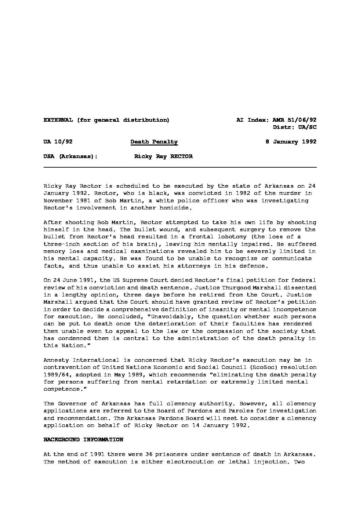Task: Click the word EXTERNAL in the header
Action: [58, 120]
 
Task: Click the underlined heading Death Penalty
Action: [154, 142]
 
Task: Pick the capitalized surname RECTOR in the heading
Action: [181, 156]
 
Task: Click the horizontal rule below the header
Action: [180, 167]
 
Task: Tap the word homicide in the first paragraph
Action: [170, 208]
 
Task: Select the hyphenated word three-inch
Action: [60, 244]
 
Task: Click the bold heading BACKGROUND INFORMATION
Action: [83, 440]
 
